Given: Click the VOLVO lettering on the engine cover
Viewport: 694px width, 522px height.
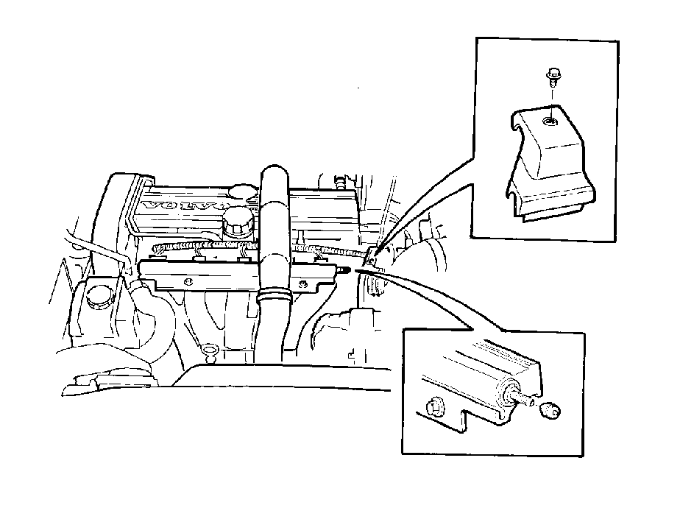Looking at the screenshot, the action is (185, 206).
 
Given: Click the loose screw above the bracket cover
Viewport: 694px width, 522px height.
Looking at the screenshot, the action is (553, 78).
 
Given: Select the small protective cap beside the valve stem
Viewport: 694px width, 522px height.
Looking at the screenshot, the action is (550, 410).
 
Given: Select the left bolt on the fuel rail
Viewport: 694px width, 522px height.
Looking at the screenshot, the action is (189, 281).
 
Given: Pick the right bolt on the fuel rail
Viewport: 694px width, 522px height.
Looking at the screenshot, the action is (303, 283).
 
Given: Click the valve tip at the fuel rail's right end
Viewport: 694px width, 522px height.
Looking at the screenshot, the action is (344, 269).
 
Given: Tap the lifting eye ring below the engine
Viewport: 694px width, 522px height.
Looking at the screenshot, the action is (208, 350).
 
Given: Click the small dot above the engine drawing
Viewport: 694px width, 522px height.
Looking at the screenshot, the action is (358, 88).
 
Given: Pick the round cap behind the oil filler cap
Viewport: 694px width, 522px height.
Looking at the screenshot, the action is (244, 191).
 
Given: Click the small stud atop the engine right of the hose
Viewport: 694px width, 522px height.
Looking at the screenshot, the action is (340, 183).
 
